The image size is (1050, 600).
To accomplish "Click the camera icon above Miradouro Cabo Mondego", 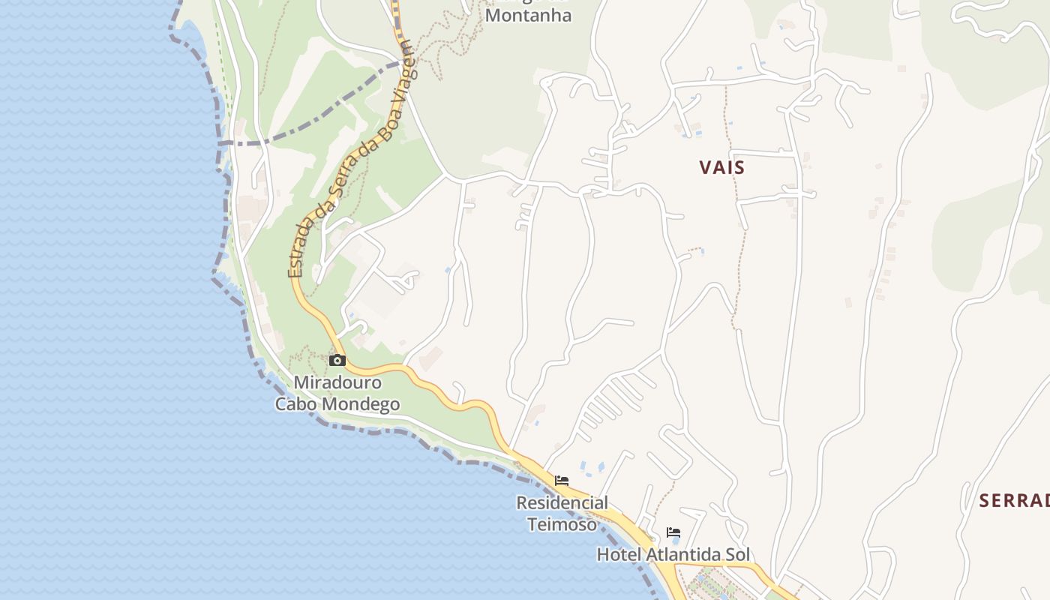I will coord(337,360).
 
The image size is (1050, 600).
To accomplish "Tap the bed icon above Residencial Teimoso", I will coord(562,480).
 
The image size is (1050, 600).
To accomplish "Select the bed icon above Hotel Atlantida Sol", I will coord(673,532).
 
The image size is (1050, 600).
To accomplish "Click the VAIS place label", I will coord(722,167).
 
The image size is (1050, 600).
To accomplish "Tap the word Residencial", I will coord(562,502).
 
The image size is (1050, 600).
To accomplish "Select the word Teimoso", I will coord(562,523).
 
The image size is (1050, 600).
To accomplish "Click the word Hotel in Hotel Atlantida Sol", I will coord(616,555).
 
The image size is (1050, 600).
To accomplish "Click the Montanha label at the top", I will coord(528,15).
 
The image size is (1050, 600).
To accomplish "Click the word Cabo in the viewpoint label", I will coord(297,404).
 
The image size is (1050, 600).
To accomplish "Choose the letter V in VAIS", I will coord(705,167).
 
